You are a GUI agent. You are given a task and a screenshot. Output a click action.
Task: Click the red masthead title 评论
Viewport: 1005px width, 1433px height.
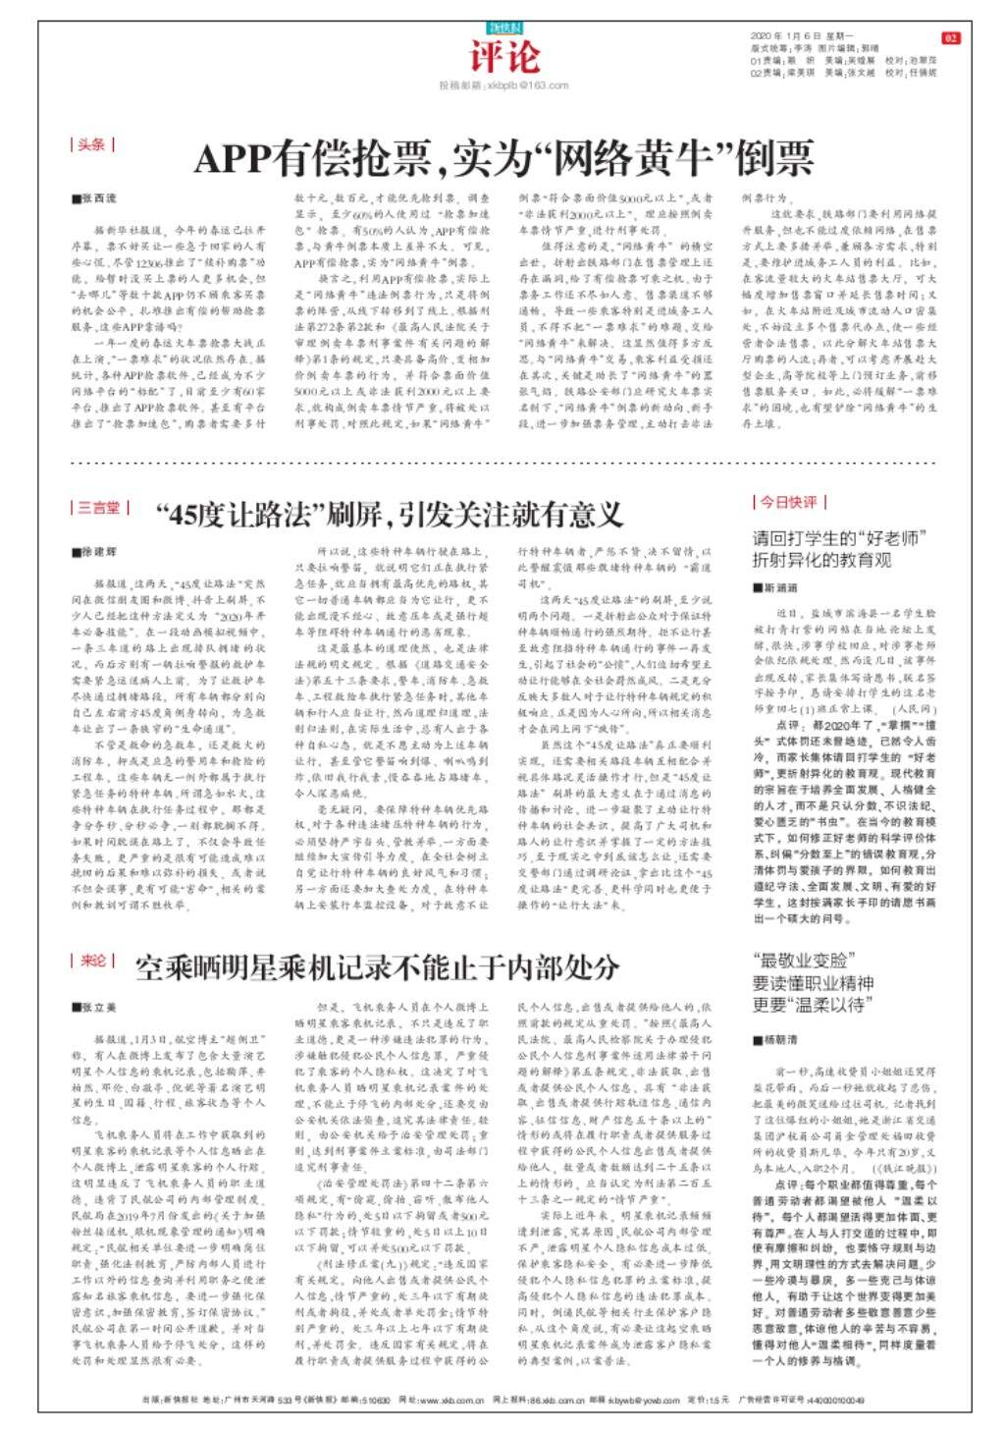[x=503, y=56]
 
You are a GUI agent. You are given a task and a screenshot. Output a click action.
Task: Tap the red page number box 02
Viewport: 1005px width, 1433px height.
[x=950, y=38]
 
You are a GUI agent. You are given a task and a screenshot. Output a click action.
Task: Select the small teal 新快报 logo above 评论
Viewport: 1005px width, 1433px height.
[x=503, y=28]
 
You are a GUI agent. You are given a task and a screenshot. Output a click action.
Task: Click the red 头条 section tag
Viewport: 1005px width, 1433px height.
[x=92, y=144]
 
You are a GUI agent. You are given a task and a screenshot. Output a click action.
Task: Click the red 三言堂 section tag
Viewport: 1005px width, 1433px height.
[x=99, y=508]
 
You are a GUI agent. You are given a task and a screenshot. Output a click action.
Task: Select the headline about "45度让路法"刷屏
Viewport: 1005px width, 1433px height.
[x=390, y=513]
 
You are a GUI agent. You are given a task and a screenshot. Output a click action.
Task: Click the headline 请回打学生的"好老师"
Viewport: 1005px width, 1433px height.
[x=839, y=538]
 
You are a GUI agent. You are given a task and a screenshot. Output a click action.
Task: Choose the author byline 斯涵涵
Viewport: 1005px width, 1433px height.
[x=776, y=587]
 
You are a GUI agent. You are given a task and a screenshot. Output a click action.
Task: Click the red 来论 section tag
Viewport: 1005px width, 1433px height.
[x=93, y=960]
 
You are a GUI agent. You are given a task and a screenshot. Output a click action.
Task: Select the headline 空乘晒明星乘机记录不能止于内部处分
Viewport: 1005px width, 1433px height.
[x=378, y=967]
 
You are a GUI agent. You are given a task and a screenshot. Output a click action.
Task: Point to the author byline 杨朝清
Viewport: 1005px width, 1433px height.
[x=776, y=1039]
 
